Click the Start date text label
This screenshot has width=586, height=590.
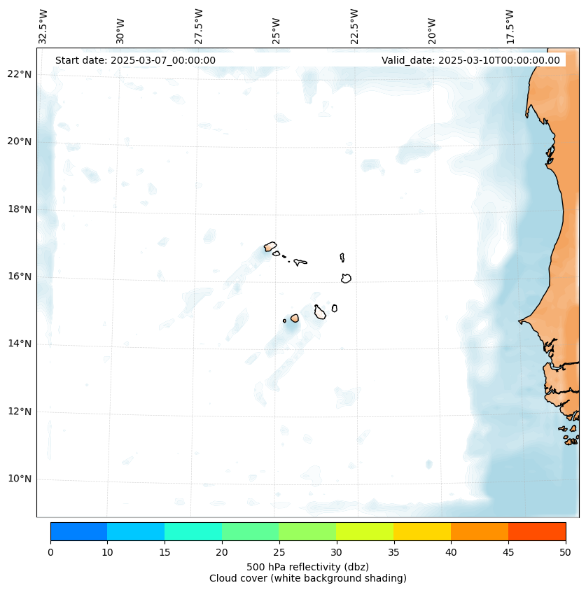(x=135, y=60)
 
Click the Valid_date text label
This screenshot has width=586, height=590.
(x=470, y=60)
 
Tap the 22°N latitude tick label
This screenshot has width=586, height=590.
(x=20, y=74)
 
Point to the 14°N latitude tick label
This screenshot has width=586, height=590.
(x=20, y=344)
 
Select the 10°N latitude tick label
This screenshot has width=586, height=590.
(x=20, y=479)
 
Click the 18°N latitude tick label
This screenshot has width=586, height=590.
(x=20, y=209)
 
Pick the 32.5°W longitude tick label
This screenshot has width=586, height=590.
(x=43, y=27)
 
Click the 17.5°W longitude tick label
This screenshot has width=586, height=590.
(x=510, y=27)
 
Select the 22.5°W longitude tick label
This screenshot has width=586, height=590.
(x=354, y=27)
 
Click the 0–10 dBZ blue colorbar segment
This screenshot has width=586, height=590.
(x=78, y=531)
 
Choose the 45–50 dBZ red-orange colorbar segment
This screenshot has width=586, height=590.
(x=537, y=531)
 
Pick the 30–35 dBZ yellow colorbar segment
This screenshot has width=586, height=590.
(x=365, y=531)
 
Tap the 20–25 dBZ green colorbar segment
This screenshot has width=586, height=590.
(x=250, y=531)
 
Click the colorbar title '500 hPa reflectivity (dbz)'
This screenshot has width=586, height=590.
(x=307, y=566)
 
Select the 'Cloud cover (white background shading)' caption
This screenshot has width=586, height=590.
(x=307, y=578)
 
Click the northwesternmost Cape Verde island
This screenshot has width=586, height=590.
(x=270, y=246)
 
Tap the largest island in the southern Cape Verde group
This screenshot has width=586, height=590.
(x=320, y=312)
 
